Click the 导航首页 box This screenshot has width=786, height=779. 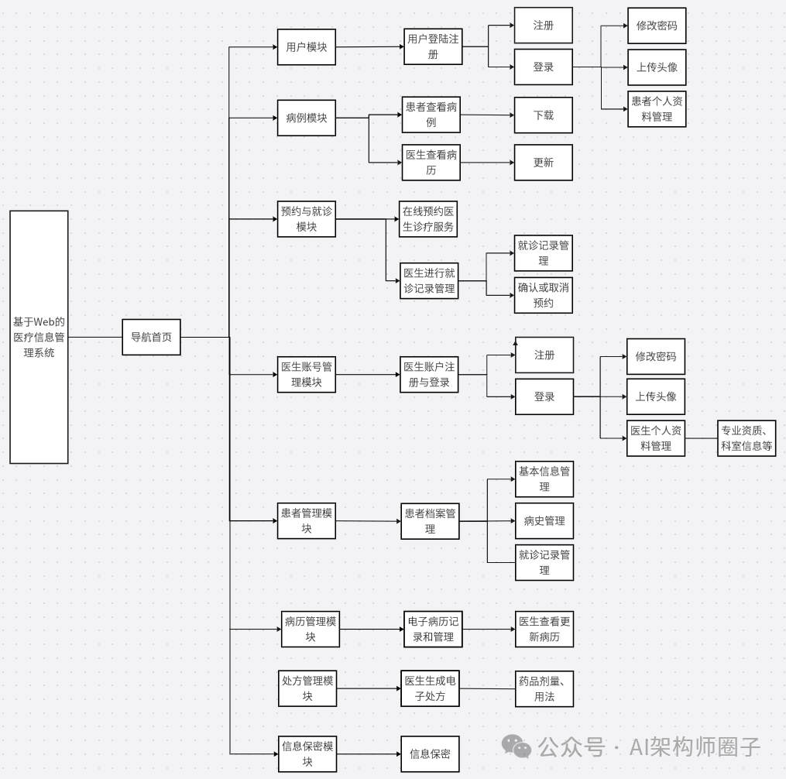(x=151, y=337)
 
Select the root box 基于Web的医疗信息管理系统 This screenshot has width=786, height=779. (x=39, y=337)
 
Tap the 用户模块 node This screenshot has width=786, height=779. (x=307, y=47)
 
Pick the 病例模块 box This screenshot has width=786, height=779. (x=307, y=118)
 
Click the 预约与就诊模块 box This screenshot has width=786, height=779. (x=307, y=219)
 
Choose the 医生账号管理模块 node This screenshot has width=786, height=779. (x=307, y=375)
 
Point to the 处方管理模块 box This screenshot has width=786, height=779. (x=307, y=688)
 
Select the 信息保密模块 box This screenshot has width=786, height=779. (x=307, y=753)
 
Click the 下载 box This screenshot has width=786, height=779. (x=544, y=115)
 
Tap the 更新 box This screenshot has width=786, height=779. (x=544, y=163)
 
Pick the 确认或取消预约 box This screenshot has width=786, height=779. (x=544, y=295)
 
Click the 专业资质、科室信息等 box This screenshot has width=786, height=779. (x=747, y=438)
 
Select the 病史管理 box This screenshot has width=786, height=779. (x=544, y=520)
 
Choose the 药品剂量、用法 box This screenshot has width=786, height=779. (x=544, y=689)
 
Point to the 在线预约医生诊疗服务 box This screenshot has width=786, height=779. (x=428, y=219)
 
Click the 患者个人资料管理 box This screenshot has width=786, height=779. (x=657, y=109)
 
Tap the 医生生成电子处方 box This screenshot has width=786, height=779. (x=430, y=688)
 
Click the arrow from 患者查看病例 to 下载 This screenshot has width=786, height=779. (x=488, y=115)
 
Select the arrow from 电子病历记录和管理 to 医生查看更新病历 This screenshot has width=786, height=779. (x=489, y=629)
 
